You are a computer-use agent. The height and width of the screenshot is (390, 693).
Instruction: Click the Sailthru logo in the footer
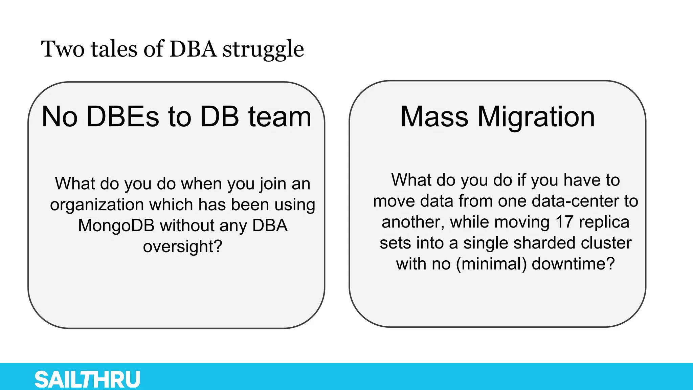(x=87, y=380)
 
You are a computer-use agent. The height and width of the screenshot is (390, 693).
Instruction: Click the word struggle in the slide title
(x=263, y=49)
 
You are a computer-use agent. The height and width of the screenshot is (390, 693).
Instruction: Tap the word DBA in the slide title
(x=193, y=49)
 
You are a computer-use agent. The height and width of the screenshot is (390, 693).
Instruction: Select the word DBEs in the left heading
(x=122, y=117)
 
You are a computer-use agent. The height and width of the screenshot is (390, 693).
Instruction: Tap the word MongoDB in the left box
(x=116, y=225)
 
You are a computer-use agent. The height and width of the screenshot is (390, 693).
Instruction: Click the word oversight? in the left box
(x=183, y=246)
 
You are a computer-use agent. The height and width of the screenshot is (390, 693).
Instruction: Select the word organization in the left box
(x=97, y=205)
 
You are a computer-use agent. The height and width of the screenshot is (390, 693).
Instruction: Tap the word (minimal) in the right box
(x=491, y=264)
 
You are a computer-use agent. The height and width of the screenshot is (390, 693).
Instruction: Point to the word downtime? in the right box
(x=573, y=264)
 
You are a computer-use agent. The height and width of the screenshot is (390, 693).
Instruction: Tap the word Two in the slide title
(x=63, y=49)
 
